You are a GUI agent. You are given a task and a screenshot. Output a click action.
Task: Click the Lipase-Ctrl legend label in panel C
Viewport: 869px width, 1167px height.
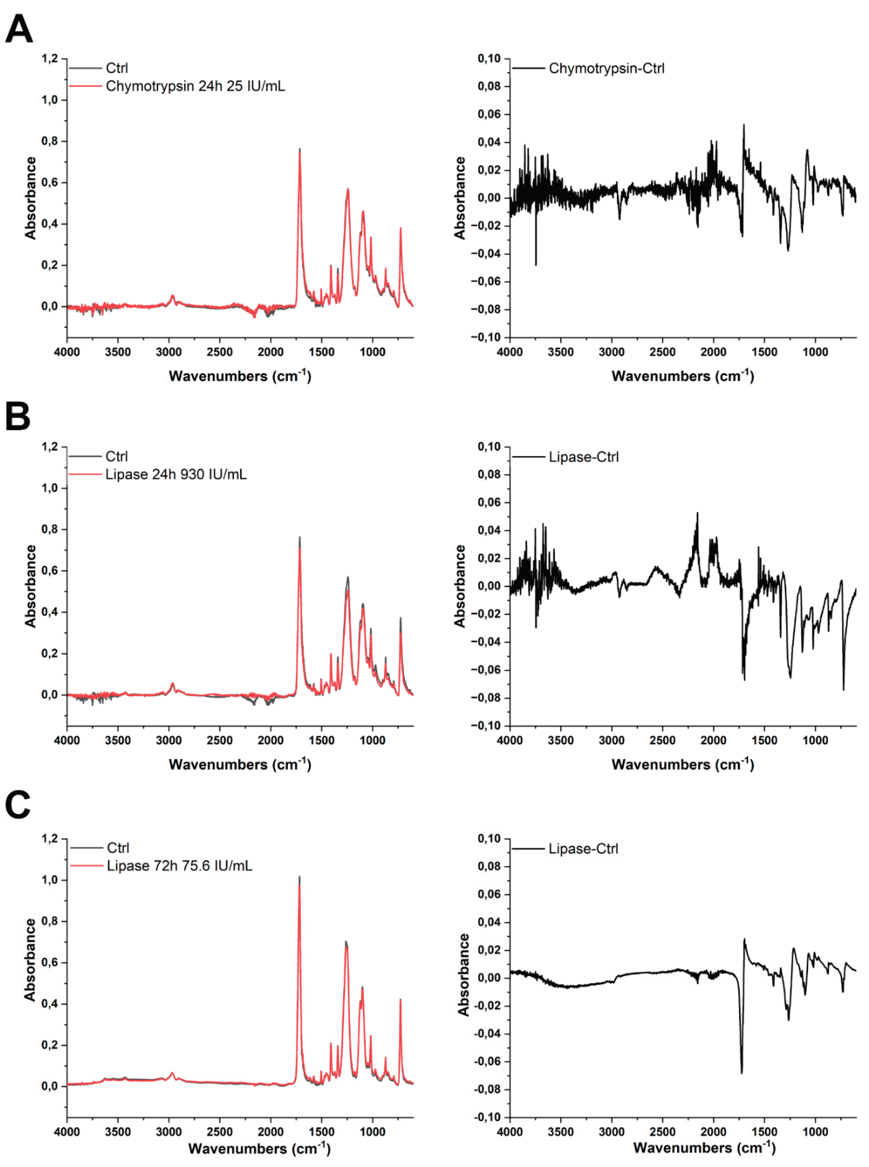(x=583, y=849)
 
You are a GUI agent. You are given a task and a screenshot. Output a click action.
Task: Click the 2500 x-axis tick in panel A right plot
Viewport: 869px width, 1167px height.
(x=662, y=352)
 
